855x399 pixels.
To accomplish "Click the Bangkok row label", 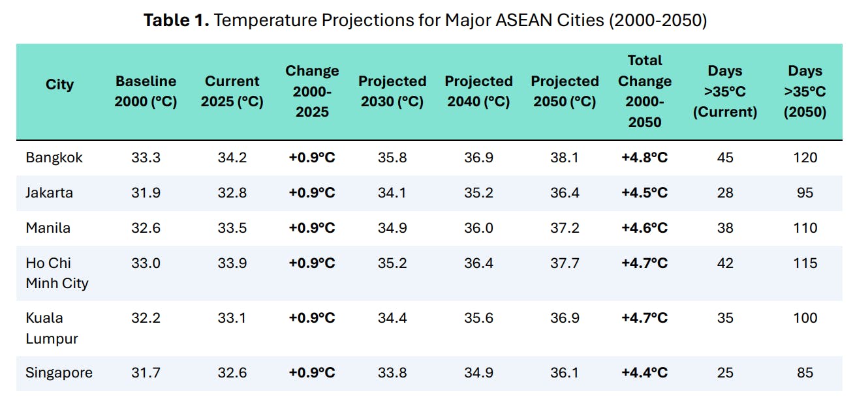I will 54,158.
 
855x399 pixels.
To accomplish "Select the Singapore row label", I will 59,373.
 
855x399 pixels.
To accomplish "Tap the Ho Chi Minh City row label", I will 57,273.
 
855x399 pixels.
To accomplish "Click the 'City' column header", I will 59,85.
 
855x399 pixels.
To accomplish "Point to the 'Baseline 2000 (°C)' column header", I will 146,92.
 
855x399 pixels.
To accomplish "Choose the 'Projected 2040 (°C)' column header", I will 478,92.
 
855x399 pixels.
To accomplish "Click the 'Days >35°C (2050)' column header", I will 805,92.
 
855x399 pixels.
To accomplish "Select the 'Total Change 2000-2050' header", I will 644,92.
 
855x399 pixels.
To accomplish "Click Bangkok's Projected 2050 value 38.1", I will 565,158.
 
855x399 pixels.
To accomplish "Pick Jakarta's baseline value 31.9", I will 146,193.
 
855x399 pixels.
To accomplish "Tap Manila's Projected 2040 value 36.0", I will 478,228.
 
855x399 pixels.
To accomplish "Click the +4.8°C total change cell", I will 644,158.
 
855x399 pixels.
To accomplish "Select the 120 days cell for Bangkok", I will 805,158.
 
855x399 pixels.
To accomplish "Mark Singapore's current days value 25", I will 724,373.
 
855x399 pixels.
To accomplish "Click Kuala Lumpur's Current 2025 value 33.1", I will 232,318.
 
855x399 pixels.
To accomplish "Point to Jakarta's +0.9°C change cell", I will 312,193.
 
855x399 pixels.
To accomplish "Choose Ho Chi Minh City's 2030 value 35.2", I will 392,263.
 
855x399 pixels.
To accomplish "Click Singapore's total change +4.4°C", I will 644,373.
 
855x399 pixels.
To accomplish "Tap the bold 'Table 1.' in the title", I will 176,20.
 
